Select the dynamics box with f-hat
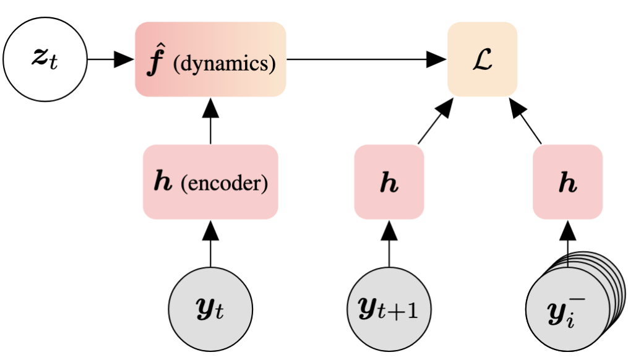210,59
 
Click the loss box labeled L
482,59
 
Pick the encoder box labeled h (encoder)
210,182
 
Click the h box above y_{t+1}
389,182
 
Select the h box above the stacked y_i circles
567,182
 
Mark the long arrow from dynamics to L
365,60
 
